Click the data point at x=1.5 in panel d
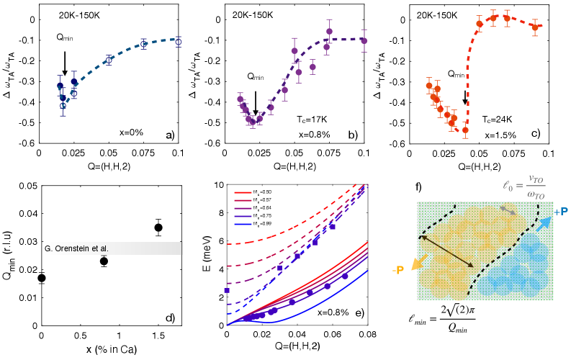[158, 228]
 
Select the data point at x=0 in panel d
[42, 278]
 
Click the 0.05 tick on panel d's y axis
[22, 186]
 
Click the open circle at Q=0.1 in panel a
[179, 42]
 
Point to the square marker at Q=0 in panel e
[228, 290]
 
